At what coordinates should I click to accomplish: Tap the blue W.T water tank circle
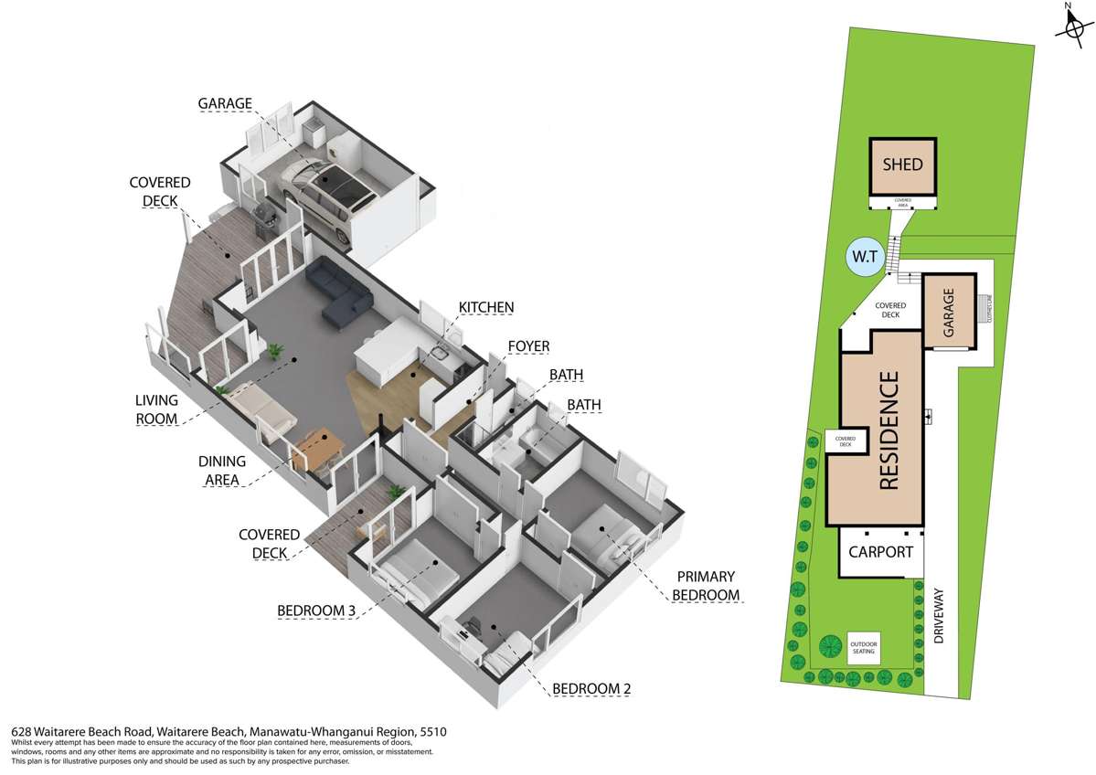pos(863,259)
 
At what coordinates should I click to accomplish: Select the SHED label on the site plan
pos(902,165)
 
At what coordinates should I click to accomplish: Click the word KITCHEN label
pos(485,307)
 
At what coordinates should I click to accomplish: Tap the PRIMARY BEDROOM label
pos(706,586)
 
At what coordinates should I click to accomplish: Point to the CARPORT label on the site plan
pos(880,552)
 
